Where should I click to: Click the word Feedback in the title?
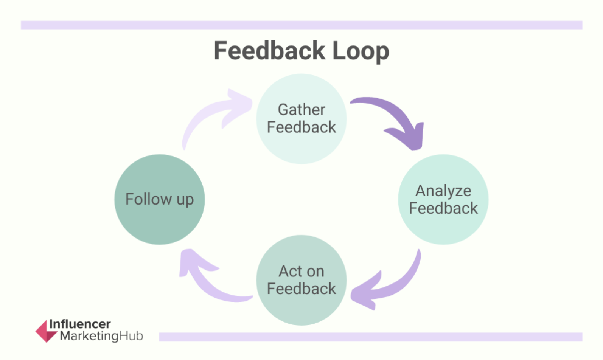(269, 51)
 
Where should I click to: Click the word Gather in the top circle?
(301, 110)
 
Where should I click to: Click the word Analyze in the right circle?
(443, 191)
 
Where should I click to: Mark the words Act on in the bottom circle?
(301, 271)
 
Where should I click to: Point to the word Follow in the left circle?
(148, 199)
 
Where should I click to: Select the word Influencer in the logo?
(80, 324)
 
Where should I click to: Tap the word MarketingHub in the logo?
(101, 336)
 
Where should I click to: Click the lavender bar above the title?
(301, 25)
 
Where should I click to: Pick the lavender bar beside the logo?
(370, 337)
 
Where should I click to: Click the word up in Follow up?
(185, 200)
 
